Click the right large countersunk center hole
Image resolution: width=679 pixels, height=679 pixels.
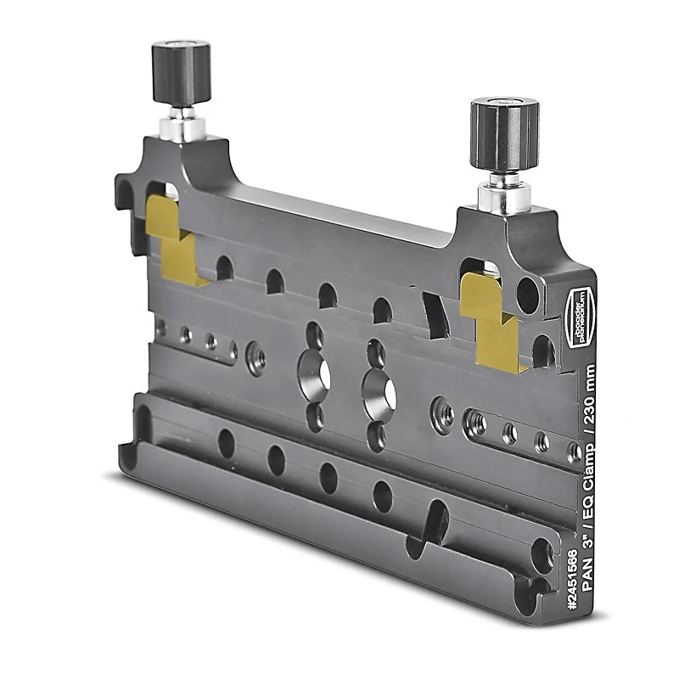pos(379,388)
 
